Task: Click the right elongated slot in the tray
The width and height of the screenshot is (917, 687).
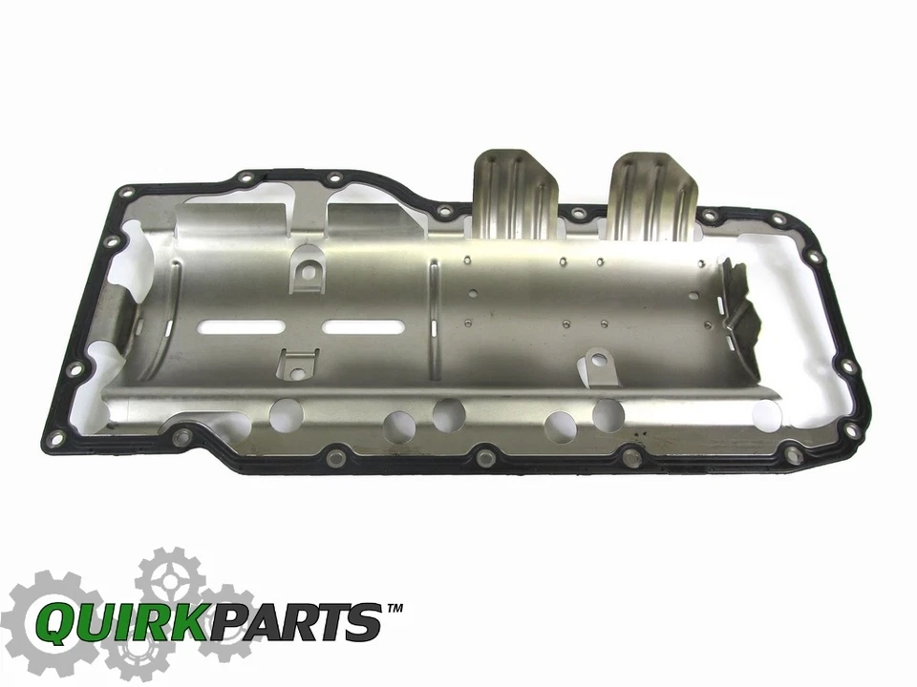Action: [x=362, y=327]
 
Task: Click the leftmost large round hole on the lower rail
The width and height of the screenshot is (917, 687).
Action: [x=286, y=414]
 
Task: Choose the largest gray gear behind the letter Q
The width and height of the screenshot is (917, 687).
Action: [x=46, y=620]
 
